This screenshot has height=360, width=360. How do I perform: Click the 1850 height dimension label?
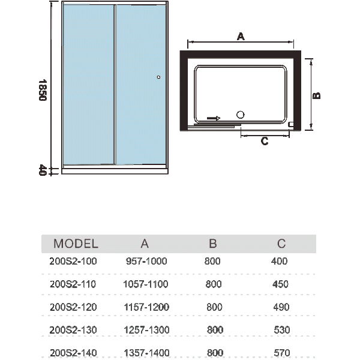[x=43, y=90]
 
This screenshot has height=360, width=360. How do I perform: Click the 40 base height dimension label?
[x=43, y=170]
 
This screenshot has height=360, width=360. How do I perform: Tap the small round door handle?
[x=158, y=77]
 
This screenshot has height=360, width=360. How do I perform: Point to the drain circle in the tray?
[x=241, y=115]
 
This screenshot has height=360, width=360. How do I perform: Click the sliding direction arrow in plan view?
[x=214, y=118]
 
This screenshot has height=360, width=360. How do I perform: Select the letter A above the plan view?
[x=241, y=36]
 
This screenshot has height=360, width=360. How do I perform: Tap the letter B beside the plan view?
[x=317, y=95]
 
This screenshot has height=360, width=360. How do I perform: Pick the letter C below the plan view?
[x=265, y=141]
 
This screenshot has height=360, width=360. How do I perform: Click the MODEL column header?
[x=76, y=244]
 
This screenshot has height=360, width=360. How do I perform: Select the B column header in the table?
[x=213, y=244]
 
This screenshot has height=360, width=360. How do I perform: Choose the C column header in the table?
[x=281, y=244]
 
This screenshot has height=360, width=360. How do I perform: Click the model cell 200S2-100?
[x=73, y=261]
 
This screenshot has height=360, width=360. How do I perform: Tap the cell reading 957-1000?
[x=146, y=261]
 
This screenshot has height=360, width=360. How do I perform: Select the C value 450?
[x=280, y=284]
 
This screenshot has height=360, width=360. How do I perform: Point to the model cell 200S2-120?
[x=73, y=307]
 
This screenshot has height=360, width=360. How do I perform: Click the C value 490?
[x=281, y=307]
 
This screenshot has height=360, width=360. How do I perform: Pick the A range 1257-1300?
[x=147, y=330]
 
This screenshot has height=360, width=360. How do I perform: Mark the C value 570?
[x=282, y=353]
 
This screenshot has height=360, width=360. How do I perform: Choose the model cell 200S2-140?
[x=73, y=353]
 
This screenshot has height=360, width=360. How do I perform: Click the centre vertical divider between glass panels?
[x=115, y=84]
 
